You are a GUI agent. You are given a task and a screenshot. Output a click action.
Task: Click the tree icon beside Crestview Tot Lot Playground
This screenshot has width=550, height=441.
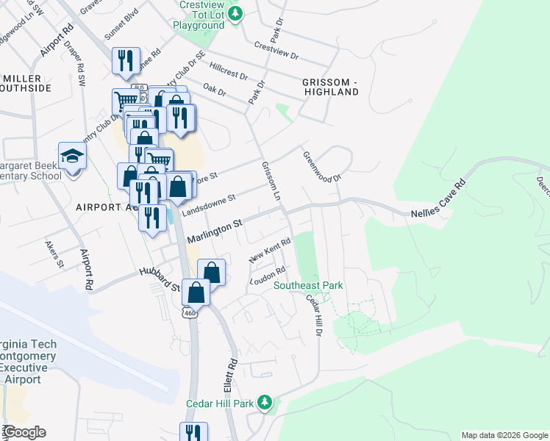tap(236, 14)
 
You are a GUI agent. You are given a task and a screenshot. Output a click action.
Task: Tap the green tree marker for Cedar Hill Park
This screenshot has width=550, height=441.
tap(265, 403)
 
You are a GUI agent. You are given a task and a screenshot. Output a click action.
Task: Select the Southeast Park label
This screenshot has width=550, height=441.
tap(308, 285)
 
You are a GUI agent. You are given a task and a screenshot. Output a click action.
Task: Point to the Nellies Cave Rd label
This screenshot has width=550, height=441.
tap(435, 199)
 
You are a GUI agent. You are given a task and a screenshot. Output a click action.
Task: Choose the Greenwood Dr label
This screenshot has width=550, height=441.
tap(323, 167)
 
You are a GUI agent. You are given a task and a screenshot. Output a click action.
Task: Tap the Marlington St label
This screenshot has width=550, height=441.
tap(215, 230)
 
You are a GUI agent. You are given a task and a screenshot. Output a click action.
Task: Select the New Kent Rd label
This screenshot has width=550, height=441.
tap(271, 251)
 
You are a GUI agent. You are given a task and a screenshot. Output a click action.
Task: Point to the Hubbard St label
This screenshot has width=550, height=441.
tap(160, 279)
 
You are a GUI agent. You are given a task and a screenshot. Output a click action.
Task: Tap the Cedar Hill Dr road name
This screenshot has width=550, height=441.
tap(313, 316)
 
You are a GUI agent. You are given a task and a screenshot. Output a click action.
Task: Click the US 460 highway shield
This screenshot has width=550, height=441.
tap(190, 313)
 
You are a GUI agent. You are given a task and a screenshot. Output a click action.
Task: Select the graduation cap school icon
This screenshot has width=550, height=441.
tap(73, 157)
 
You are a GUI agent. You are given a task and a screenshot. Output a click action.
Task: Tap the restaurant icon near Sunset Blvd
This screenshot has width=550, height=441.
tap(126, 60)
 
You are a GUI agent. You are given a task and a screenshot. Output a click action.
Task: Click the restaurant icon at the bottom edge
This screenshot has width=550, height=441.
tap(193, 432)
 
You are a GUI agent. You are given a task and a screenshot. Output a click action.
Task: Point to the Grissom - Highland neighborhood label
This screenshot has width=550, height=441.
tap(329, 86)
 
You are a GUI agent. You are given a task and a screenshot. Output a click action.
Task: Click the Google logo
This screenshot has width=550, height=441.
tap(24, 432)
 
